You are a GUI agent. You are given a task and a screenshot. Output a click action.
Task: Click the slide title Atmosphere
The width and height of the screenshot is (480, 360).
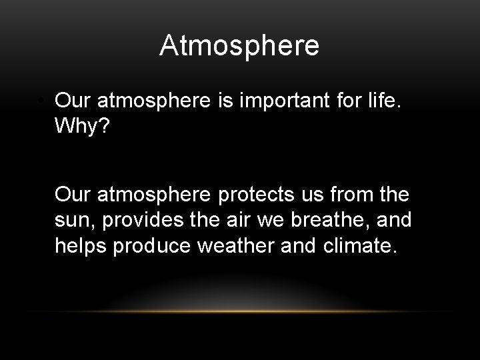[239, 47]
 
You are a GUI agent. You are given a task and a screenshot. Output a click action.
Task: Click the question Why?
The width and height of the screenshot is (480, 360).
[79, 125]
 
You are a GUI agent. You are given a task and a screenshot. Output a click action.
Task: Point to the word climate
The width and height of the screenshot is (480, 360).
[360, 247]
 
